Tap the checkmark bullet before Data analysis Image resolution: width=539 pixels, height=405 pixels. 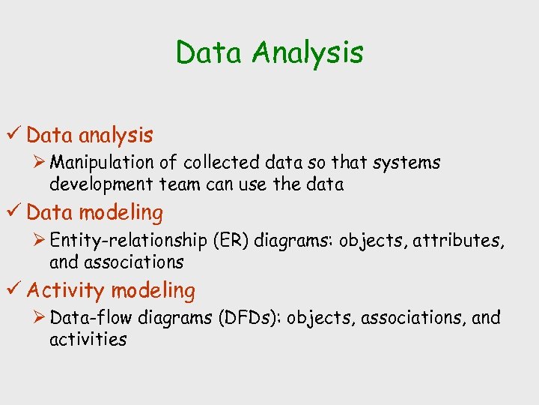(x=14, y=135)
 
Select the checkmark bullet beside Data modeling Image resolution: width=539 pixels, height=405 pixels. (x=14, y=212)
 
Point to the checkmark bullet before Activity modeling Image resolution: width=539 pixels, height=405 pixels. (x=14, y=290)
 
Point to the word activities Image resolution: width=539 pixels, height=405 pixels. (x=88, y=340)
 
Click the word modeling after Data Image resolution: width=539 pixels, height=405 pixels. (x=121, y=213)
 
